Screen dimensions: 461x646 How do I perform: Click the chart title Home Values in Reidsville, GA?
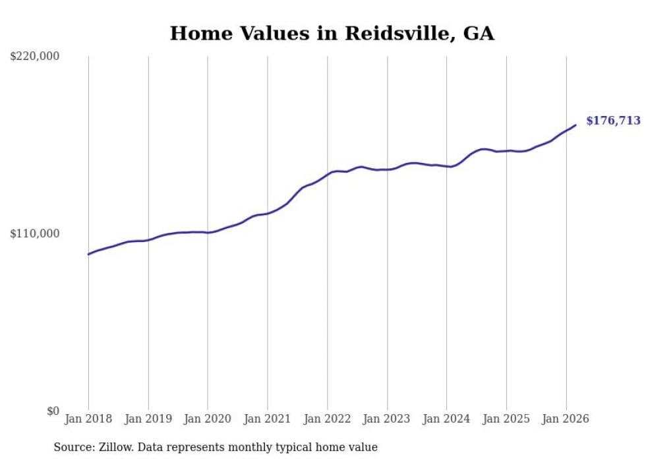(332, 33)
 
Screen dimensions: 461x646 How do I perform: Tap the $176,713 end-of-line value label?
(613, 121)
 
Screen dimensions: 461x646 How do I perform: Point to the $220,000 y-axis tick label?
(34, 57)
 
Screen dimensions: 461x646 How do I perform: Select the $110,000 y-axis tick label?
(34, 233)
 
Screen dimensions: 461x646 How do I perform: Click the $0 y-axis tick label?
(53, 411)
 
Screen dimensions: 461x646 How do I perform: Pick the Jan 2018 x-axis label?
(88, 419)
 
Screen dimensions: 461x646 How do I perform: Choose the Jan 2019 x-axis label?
(148, 419)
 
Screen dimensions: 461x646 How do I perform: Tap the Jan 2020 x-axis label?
(208, 419)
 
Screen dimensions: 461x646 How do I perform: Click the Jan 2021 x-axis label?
(267, 419)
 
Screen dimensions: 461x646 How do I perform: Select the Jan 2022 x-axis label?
(327, 419)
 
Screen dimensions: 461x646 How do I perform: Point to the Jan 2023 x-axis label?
(387, 419)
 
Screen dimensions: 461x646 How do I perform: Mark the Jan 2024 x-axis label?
(446, 419)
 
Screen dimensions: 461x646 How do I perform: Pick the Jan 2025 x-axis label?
(506, 419)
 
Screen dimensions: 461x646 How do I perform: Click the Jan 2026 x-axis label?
(566, 419)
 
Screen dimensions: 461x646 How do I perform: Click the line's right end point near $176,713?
(575, 125)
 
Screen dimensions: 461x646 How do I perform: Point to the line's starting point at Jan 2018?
(88, 254)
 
